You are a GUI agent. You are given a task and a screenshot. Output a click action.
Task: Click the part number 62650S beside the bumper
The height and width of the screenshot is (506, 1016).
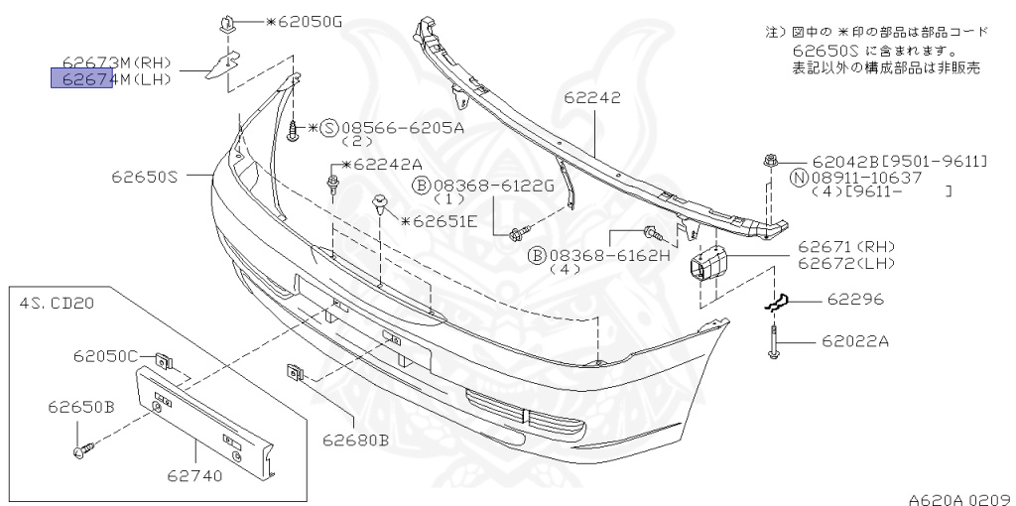(144, 178)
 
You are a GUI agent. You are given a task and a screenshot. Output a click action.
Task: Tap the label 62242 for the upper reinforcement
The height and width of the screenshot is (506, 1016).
(592, 98)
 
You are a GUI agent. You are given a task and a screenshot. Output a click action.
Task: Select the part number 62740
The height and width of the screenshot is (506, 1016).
(194, 475)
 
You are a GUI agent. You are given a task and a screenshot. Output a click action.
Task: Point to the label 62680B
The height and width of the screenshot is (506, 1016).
(354, 440)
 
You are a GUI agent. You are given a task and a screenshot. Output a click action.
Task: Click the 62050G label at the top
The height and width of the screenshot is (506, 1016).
(305, 21)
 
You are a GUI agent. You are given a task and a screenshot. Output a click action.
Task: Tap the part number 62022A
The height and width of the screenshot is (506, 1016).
(855, 341)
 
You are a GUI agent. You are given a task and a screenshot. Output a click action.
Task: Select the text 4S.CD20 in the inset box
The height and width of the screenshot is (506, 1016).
(56, 303)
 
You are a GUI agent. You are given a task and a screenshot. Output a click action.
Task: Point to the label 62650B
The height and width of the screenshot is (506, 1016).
(81, 407)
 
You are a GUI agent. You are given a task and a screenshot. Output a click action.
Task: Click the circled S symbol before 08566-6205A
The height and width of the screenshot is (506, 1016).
(329, 128)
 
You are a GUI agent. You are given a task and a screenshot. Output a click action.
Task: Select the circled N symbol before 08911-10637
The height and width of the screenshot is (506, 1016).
(799, 178)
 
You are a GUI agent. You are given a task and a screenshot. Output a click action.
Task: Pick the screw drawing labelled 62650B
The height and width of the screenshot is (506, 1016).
(82, 449)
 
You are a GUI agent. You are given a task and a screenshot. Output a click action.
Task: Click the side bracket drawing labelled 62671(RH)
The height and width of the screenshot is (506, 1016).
(711, 263)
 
